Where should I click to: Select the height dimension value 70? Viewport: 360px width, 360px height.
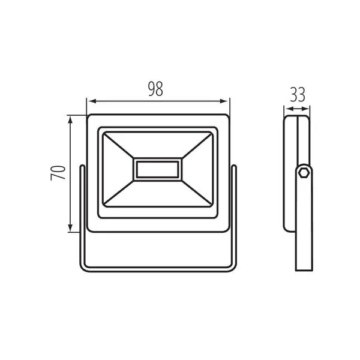[x=58, y=173]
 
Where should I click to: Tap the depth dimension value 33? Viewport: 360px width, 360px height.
[x=297, y=94]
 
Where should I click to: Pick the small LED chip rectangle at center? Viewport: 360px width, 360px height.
[x=157, y=169]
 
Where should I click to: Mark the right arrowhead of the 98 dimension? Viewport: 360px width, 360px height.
[x=226, y=100]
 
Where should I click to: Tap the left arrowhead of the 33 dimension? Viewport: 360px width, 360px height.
[x=287, y=109]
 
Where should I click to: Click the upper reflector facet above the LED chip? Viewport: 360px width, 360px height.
[x=157, y=145]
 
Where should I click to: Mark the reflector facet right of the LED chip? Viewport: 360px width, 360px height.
[x=196, y=169]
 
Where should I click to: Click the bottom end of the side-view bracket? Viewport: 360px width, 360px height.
[x=304, y=264]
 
